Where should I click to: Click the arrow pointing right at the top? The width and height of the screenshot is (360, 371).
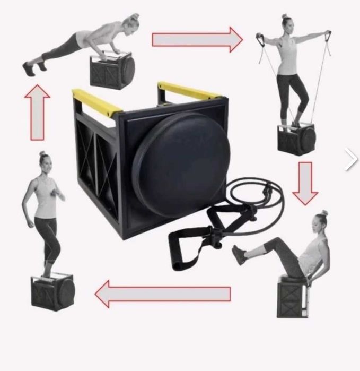(196, 39)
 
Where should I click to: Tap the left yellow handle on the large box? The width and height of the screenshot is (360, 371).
(97, 103)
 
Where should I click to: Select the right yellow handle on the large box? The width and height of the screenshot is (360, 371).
(189, 91)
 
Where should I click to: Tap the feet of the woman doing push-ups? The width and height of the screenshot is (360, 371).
(30, 68)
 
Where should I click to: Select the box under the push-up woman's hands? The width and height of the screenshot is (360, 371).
(112, 70)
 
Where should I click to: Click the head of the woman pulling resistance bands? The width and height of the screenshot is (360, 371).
(286, 23)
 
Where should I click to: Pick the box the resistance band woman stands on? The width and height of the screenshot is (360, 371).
(295, 139)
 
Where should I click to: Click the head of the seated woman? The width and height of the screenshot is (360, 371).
(320, 220)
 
